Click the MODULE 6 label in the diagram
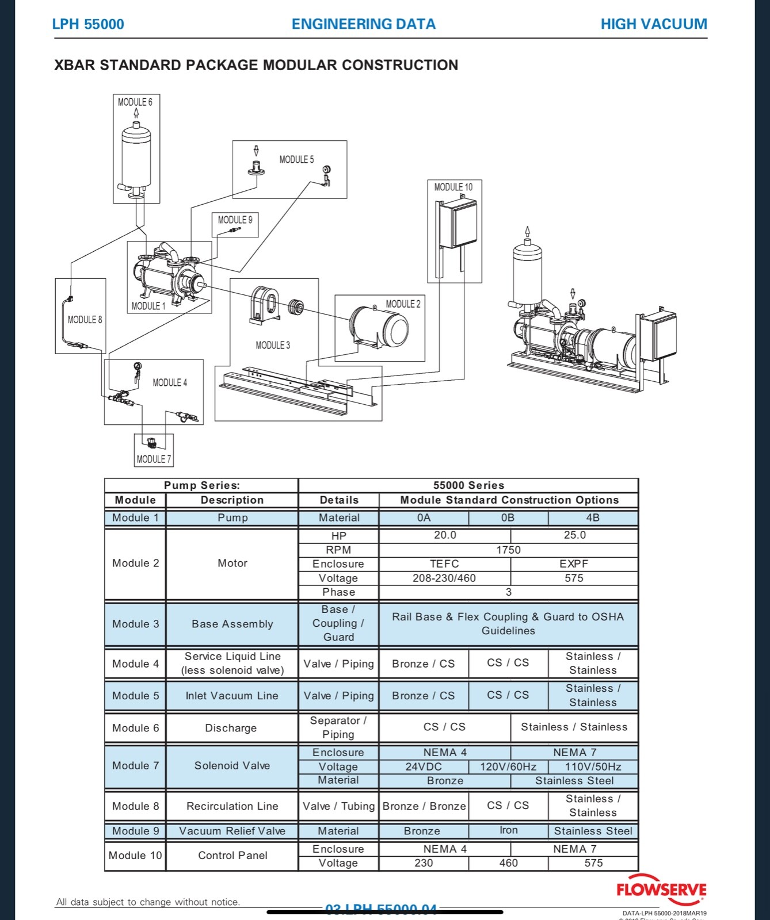pos(135,102)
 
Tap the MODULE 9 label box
pos(235,220)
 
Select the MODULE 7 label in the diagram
pos(154,459)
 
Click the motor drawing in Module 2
pos(380,328)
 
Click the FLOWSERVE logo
pos(661,890)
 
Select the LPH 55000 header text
pos(88,24)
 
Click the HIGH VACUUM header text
pos(654,24)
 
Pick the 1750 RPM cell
pos(508,550)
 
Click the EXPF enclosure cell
pos(574,564)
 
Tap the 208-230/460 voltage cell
pos(444,578)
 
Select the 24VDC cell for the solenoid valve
pos(424,766)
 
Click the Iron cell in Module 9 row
pos(508,830)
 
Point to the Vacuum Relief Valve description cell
pos(232,831)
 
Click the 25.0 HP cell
pos(574,535)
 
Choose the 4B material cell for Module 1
pos(593,517)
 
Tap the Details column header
pos(339,500)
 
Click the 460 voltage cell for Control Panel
pos(508,863)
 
